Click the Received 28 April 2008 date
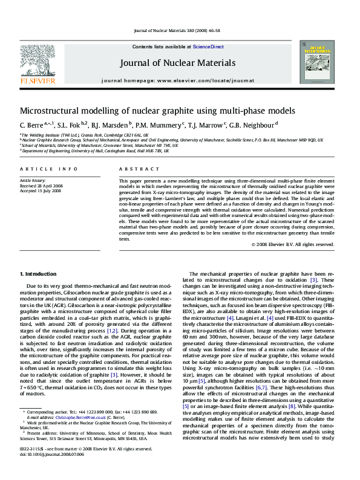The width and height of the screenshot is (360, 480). (42, 186)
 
